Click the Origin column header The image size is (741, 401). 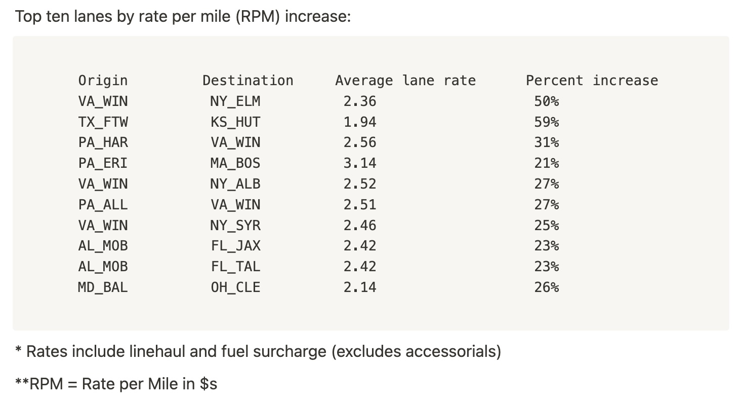(x=103, y=81)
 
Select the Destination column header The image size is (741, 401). (x=248, y=81)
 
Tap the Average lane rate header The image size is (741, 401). (x=405, y=81)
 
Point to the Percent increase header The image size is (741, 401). (x=592, y=81)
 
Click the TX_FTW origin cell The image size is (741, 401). (x=103, y=122)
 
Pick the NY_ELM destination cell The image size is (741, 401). (x=235, y=101)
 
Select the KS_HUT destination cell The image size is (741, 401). (x=235, y=122)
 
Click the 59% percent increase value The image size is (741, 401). (x=547, y=122)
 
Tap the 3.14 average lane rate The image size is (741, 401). (x=360, y=163)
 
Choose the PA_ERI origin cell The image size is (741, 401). (x=103, y=163)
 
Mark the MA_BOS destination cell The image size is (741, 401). (x=235, y=163)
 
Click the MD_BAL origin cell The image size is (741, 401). (x=103, y=287)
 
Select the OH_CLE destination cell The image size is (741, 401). (x=235, y=287)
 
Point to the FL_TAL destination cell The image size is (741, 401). (x=235, y=267)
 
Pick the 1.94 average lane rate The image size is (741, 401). (x=360, y=122)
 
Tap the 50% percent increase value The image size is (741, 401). (x=547, y=101)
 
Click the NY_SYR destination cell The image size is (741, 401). (x=235, y=225)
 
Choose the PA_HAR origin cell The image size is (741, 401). (x=103, y=142)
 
